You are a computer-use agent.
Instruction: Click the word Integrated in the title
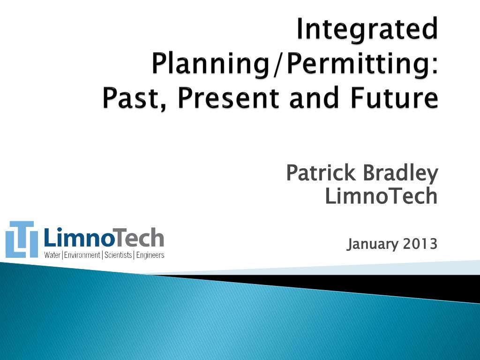tap(367, 30)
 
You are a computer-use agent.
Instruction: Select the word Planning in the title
tap(210, 65)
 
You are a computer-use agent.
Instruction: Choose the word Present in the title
tap(228, 97)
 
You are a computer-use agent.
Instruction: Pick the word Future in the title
tap(394, 97)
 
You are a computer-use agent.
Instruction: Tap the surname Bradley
tap(400, 173)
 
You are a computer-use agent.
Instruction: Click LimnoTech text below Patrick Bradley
tap(381, 196)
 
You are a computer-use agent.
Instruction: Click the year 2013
tap(420, 244)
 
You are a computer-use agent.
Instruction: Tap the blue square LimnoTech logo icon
tap(22, 240)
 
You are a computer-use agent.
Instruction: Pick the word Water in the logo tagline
tap(52, 255)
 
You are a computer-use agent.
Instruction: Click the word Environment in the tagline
tap(82, 255)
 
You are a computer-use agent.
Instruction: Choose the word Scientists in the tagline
tap(118, 255)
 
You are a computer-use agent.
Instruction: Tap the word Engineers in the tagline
tap(150, 255)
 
